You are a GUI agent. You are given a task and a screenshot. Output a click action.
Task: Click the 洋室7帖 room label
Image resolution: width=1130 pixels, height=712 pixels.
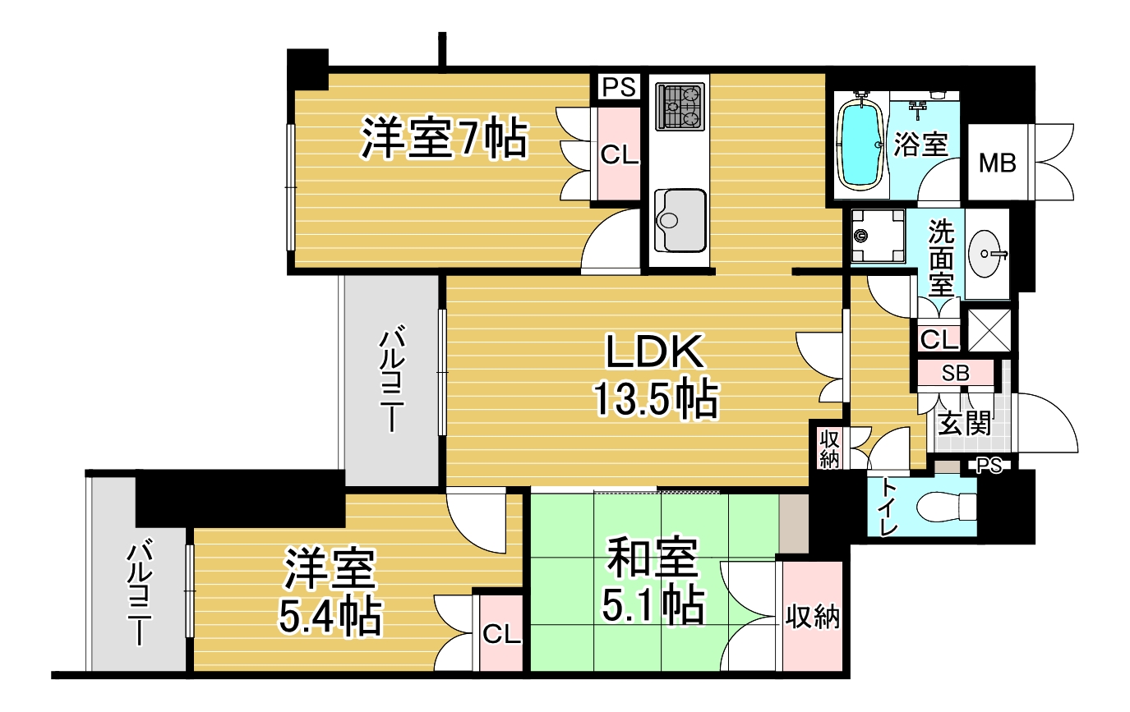coord(444,138)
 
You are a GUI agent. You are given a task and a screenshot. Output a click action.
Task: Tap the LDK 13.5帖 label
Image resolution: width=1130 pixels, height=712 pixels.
coord(656,375)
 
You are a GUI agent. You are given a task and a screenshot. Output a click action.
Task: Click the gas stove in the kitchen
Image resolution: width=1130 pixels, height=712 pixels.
coord(680,107)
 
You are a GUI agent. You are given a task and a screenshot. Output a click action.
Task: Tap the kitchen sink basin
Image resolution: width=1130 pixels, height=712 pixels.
coord(680,220)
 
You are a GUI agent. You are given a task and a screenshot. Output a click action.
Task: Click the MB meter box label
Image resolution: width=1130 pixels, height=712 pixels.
coord(998,163)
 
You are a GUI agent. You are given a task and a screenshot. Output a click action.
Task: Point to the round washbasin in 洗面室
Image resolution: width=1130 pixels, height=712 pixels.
coord(986,254)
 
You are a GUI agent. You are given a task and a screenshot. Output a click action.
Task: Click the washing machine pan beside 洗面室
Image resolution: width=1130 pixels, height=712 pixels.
coord(878,236)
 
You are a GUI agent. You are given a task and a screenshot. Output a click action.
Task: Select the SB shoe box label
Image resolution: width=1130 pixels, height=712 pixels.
coord(955,373)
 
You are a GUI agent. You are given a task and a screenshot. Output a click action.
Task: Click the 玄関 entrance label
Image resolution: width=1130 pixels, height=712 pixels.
coord(964,423)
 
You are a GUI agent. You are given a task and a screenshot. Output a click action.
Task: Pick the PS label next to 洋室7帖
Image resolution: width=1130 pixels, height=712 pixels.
coord(619,87)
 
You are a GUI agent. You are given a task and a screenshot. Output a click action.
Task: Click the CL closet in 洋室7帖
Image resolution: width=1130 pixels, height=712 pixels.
coord(619,154)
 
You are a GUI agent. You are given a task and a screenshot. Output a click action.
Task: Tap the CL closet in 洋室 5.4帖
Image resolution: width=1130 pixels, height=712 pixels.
coord(501,633)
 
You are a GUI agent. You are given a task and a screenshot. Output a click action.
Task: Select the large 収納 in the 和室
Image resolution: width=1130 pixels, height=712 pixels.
coord(812,616)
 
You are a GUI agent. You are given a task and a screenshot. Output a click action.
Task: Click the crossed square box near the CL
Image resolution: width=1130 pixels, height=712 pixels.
coord(989,330)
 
